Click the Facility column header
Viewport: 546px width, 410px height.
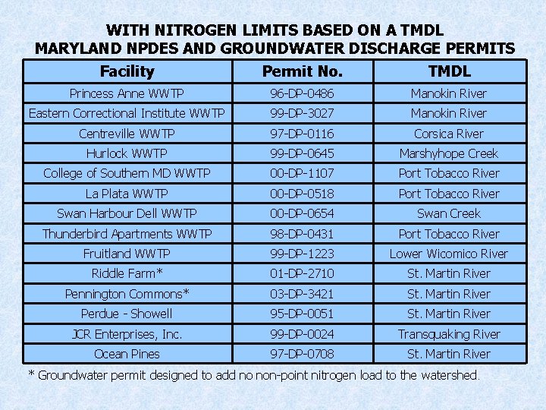(x=127, y=72)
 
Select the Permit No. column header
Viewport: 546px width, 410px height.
(x=303, y=72)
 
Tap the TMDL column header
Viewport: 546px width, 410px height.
(x=449, y=72)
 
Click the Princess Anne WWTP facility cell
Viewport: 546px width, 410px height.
(x=127, y=93)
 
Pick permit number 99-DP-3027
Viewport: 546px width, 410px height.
(x=303, y=113)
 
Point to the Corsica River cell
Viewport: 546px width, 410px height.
(x=449, y=134)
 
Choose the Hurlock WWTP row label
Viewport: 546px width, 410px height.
(x=127, y=153)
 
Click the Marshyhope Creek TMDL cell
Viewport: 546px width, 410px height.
(x=449, y=153)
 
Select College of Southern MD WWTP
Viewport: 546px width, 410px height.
(x=127, y=173)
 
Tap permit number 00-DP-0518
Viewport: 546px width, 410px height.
(x=303, y=194)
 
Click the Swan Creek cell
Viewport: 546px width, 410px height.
(x=449, y=213)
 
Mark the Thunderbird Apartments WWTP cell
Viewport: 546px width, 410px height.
(x=127, y=234)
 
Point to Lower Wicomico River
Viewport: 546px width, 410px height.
(x=449, y=254)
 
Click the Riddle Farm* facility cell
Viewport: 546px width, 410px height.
(x=127, y=273)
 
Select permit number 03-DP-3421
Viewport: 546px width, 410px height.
(x=303, y=294)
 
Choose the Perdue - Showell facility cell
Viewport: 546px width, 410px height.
(x=127, y=314)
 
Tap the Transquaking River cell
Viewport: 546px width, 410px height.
(x=449, y=334)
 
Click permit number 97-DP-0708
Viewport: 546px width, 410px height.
(x=303, y=354)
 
